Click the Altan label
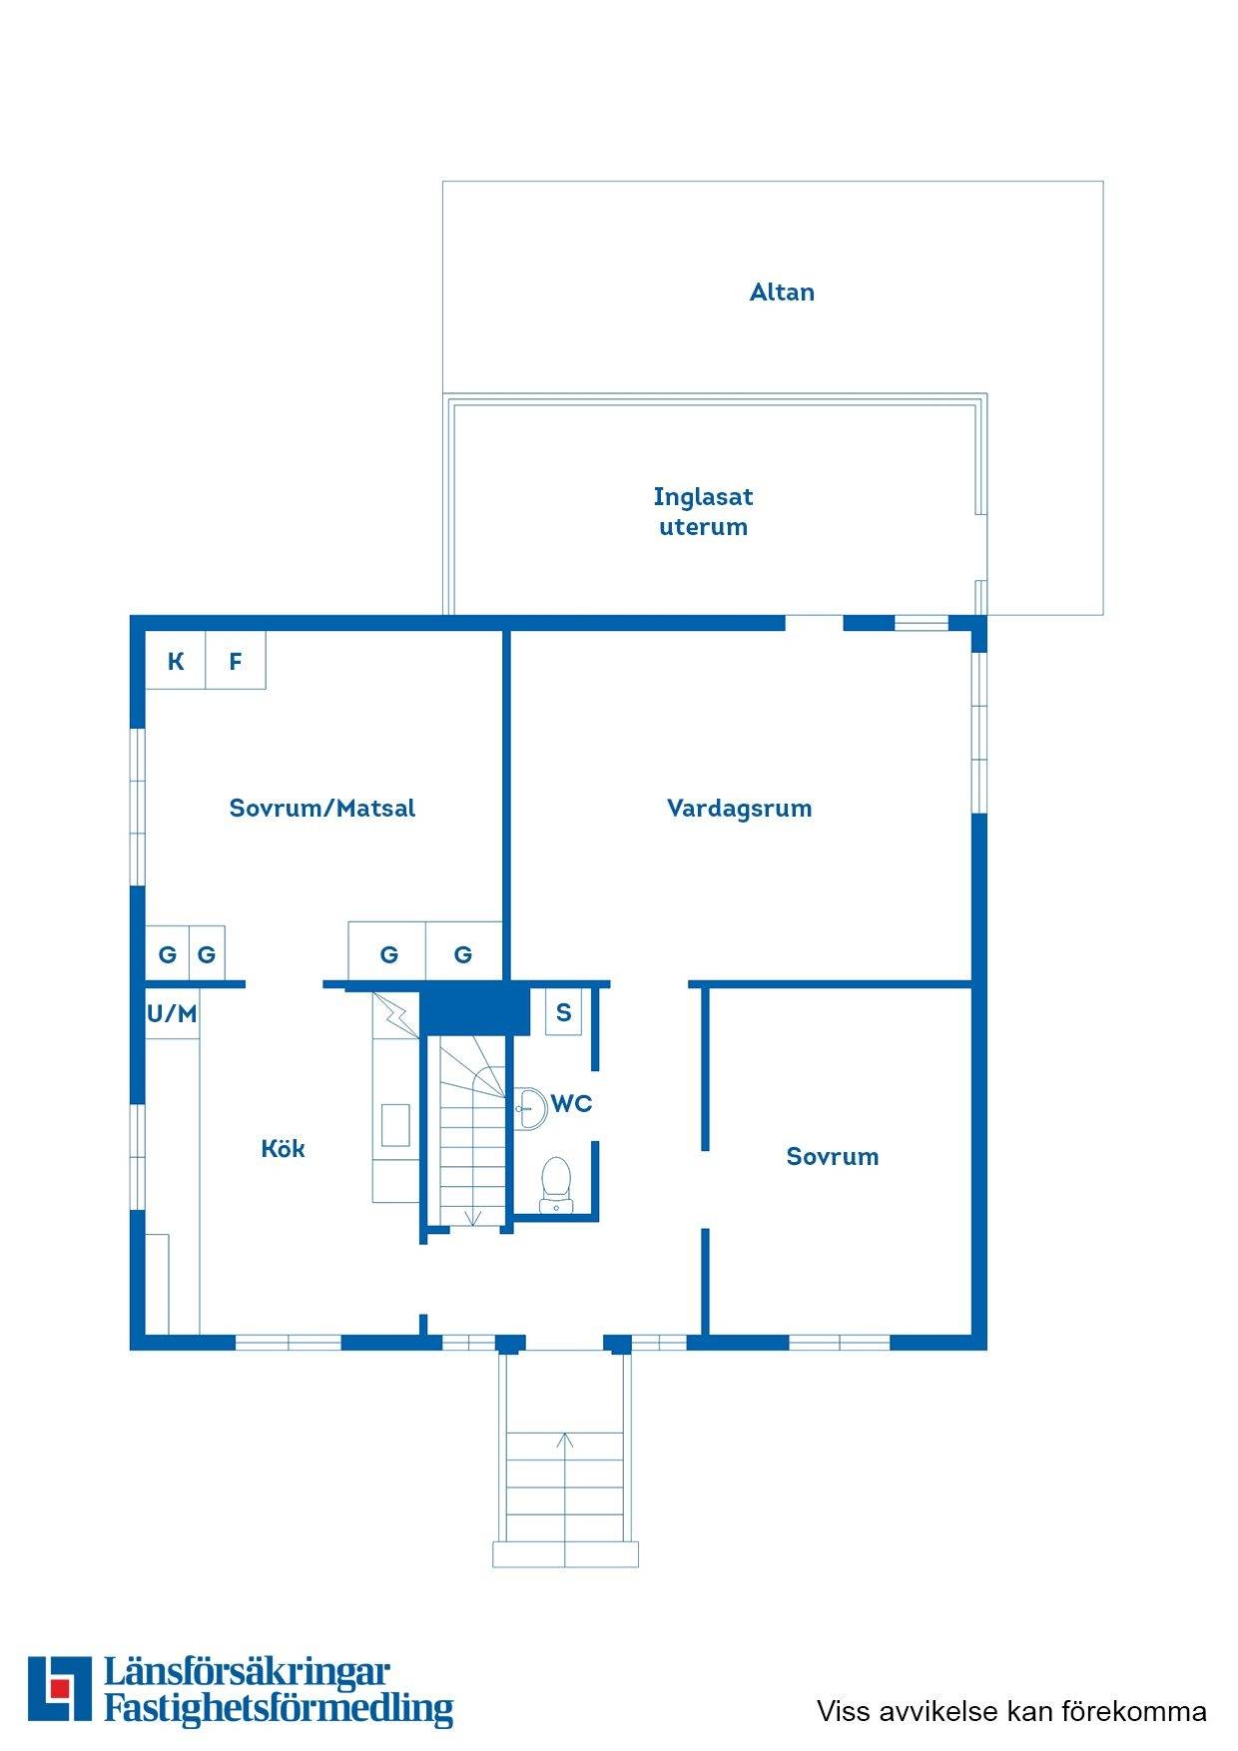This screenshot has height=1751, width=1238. (x=782, y=292)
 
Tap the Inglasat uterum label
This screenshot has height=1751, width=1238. (x=703, y=511)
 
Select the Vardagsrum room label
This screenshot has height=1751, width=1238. (x=739, y=808)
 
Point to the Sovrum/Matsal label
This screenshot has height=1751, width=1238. (x=321, y=808)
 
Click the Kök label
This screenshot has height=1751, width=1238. (x=283, y=1148)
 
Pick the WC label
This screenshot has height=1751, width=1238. (x=572, y=1103)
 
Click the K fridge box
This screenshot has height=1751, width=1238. (x=176, y=660)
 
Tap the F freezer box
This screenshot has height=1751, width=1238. (x=236, y=660)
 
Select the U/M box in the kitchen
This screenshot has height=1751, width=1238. (x=172, y=1014)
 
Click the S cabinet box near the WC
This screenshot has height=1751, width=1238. (x=563, y=1012)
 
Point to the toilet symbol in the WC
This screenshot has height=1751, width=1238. (x=555, y=1184)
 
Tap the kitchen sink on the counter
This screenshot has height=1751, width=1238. (x=396, y=1124)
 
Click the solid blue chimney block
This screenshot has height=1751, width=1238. (x=474, y=1009)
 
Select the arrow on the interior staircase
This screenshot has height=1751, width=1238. (x=473, y=1217)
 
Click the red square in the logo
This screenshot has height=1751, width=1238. (x=61, y=1687)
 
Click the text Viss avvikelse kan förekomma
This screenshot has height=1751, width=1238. (x=1011, y=1711)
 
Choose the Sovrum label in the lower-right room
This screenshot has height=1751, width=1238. (x=833, y=1156)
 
